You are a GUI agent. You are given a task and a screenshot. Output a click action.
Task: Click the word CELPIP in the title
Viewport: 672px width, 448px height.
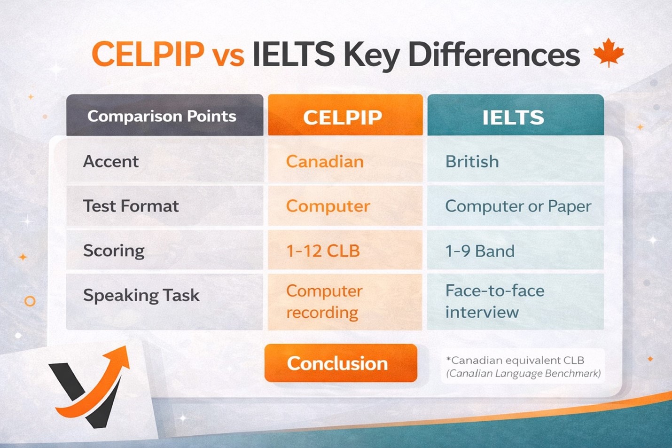click(148, 54)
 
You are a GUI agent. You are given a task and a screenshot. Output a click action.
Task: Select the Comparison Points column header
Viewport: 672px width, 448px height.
click(164, 115)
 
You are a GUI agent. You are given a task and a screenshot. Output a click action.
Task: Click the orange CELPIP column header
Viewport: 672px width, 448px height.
click(345, 115)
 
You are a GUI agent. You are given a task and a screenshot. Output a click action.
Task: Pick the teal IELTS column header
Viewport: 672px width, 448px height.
click(516, 115)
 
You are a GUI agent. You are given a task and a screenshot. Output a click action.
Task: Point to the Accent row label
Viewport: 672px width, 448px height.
click(111, 161)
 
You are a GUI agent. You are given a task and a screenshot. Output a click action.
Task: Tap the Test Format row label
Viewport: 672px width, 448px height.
click(131, 206)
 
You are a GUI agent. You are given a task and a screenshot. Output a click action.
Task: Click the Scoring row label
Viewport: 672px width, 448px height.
click(114, 251)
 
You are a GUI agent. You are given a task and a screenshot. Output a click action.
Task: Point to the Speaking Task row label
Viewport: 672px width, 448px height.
click(141, 295)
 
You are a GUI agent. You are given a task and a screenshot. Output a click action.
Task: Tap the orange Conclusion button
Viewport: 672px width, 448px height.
click(341, 363)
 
